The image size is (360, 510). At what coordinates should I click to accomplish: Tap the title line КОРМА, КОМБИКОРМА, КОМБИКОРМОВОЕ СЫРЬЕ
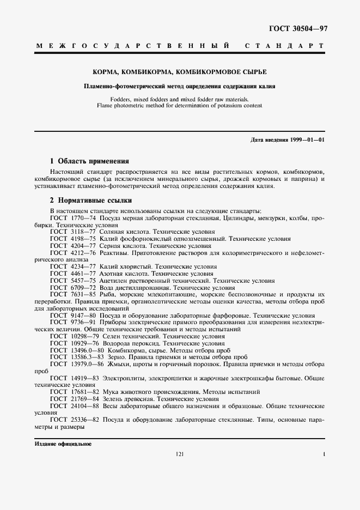click(x=180, y=72)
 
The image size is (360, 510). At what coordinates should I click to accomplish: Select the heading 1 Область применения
click(x=89, y=161)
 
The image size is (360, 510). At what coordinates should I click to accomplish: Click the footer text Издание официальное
click(x=63, y=444)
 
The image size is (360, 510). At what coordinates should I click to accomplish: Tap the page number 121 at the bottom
click(x=180, y=454)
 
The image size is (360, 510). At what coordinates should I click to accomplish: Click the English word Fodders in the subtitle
click(x=120, y=99)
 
